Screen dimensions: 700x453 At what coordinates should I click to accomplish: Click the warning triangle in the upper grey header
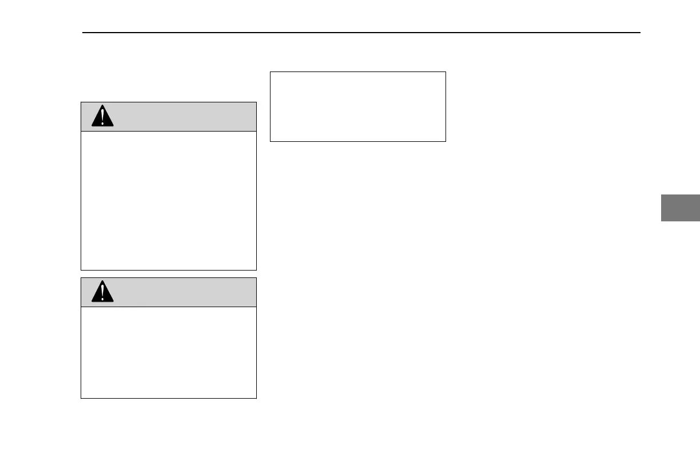point(103,117)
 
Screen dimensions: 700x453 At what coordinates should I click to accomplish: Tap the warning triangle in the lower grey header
point(103,292)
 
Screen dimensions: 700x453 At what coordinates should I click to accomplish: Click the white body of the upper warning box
point(169,200)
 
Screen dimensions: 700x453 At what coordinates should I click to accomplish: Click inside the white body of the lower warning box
point(169,352)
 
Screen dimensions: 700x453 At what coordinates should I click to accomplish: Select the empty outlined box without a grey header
point(357,106)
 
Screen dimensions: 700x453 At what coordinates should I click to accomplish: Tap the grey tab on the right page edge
point(681,208)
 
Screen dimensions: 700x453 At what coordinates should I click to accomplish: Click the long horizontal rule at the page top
point(360,33)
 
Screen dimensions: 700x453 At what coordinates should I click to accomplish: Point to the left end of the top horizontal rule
point(83,33)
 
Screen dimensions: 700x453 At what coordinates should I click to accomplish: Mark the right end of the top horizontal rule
point(639,33)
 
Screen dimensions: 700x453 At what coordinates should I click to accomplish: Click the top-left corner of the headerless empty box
point(270,72)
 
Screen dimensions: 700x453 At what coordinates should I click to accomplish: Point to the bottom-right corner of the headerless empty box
point(446,141)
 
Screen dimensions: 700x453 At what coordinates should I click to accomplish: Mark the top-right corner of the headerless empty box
point(446,72)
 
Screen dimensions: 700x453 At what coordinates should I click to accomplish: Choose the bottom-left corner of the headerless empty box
point(270,141)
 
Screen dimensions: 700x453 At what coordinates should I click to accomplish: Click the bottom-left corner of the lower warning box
point(81,398)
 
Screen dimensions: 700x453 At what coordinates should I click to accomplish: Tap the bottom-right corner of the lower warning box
point(256,398)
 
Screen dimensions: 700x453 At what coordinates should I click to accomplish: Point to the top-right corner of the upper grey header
point(256,102)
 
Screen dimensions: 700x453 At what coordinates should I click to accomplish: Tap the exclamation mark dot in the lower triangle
point(103,299)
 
